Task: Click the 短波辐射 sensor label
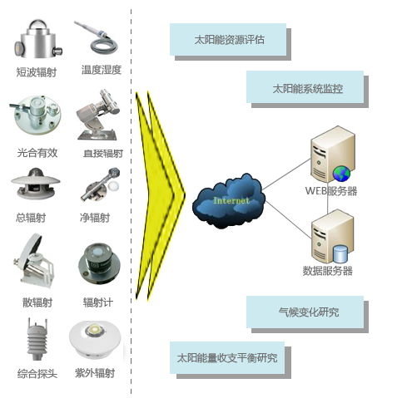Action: click(37, 72)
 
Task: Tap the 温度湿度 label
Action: click(102, 70)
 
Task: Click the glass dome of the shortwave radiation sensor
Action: click(38, 27)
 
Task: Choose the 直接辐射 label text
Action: click(103, 153)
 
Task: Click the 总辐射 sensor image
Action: click(36, 183)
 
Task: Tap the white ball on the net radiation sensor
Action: click(114, 186)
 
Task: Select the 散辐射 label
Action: click(37, 302)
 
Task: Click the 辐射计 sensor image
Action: click(99, 263)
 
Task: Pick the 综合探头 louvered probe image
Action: click(37, 339)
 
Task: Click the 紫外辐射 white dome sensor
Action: click(95, 339)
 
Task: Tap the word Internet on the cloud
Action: click(231, 200)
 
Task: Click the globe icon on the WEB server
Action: click(341, 174)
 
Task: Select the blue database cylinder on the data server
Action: click(340, 253)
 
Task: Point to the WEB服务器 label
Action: click(331, 191)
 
